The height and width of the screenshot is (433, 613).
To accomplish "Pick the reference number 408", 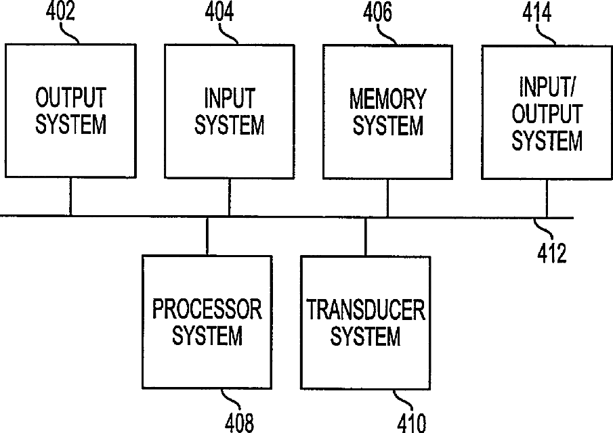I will [240, 423].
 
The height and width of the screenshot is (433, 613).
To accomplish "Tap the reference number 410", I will [412, 423].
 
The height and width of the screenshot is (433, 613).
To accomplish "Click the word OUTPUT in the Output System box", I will [70, 98].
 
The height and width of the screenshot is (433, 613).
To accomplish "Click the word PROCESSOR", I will [207, 310].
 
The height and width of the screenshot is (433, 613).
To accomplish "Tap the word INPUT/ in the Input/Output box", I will [547, 87].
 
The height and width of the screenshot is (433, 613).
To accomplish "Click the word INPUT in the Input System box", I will [230, 98].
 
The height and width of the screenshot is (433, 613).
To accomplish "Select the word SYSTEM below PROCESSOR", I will [207, 336].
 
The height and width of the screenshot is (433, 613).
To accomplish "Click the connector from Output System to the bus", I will [70, 197].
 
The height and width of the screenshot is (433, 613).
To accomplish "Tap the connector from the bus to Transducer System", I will [366, 236].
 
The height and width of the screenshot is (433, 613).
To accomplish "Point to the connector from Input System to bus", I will [230, 197].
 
